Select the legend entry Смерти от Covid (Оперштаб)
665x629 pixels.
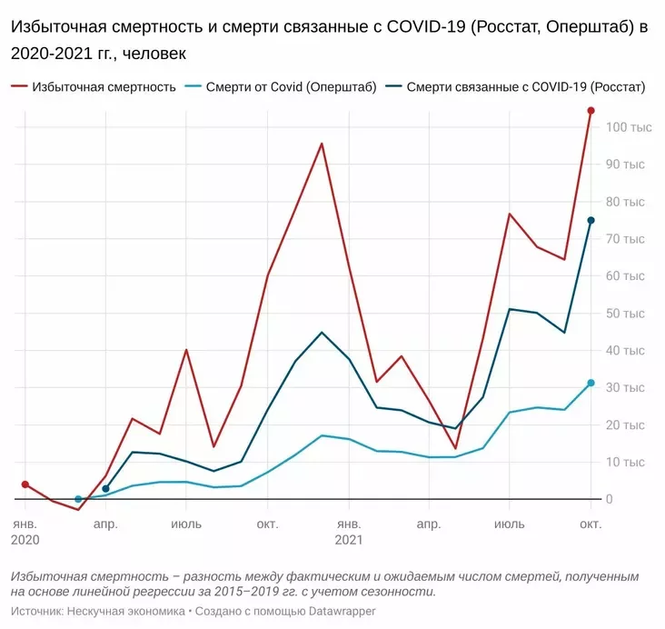[x=291, y=87]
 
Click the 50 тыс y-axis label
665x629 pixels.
[x=628, y=314]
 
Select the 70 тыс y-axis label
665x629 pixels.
[x=628, y=239]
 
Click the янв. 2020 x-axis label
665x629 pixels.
[x=25, y=532]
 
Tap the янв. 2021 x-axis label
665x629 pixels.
[x=349, y=532]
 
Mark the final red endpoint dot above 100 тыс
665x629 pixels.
[x=591, y=111]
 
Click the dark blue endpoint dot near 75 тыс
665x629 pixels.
[x=591, y=220]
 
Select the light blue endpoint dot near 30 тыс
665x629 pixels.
[x=591, y=383]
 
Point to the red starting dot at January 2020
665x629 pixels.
[x=25, y=484]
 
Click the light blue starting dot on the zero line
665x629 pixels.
[x=78, y=499]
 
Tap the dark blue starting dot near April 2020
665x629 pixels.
[x=105, y=489]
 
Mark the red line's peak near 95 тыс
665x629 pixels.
[x=322, y=144]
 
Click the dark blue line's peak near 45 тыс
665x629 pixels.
[x=322, y=332]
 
